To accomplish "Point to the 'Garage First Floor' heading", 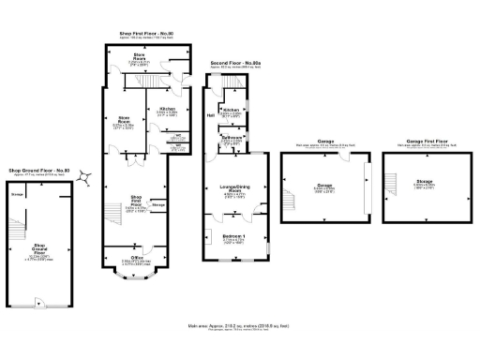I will tap(410, 142).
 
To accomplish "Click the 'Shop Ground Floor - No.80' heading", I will tap(38, 170).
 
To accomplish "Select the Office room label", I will tap(136, 258).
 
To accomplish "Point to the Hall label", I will tap(210, 116).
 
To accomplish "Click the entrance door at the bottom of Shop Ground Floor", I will tap(37, 303).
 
